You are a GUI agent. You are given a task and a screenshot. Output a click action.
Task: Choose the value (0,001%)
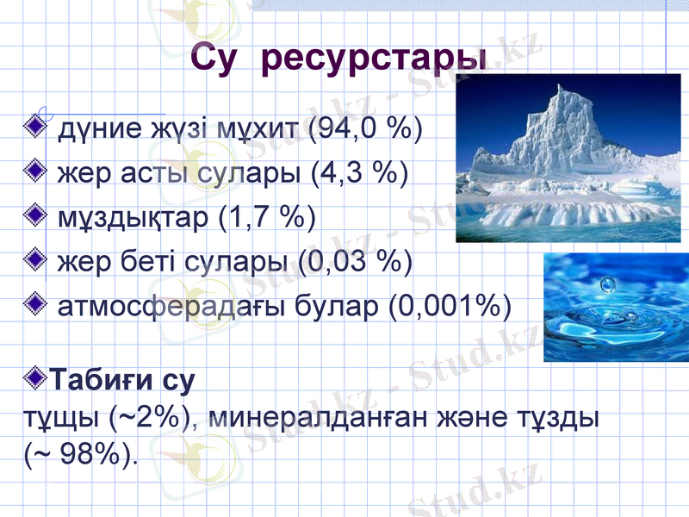click(450, 304)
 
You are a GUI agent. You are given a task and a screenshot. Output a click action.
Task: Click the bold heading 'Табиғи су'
click(121, 379)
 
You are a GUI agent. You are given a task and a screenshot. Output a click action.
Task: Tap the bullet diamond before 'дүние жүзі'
click(37, 128)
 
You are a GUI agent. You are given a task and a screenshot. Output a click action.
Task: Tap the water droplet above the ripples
click(609, 283)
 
